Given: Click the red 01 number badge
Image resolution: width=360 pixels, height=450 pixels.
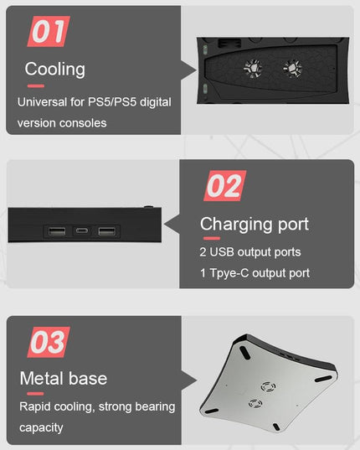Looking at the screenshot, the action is pyautogui.click(x=49, y=31).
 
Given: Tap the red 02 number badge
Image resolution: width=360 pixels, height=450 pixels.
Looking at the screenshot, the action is pyautogui.click(x=224, y=186).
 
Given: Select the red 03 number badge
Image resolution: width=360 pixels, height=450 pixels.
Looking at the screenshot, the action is pyautogui.click(x=49, y=342).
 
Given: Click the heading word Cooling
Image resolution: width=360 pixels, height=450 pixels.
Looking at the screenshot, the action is pyautogui.click(x=55, y=70).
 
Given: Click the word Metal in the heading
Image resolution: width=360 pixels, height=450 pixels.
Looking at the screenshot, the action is pyautogui.click(x=42, y=378).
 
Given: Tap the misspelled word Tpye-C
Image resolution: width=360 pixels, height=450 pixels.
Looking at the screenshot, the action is pyautogui.click(x=229, y=273).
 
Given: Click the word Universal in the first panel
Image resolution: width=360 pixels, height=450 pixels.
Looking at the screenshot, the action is pyautogui.click(x=42, y=102).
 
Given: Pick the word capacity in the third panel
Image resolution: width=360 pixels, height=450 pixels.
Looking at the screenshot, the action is pyautogui.click(x=41, y=428).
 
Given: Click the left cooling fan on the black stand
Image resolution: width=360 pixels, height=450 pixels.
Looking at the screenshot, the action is pyautogui.click(x=253, y=69).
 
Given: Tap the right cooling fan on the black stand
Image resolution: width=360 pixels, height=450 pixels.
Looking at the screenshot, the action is pyautogui.click(x=292, y=69).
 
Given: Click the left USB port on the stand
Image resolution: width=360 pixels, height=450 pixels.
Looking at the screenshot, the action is pyautogui.click(x=57, y=231).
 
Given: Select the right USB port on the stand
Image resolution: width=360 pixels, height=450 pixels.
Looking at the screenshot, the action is pyautogui.click(x=106, y=231).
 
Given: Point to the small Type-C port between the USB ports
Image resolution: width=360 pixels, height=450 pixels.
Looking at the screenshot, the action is pyautogui.click(x=82, y=230).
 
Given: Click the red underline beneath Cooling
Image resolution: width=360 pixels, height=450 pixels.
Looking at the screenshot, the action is pyautogui.click(x=36, y=85).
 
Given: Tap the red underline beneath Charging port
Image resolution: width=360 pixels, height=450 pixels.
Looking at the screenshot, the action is pyautogui.click(x=212, y=238).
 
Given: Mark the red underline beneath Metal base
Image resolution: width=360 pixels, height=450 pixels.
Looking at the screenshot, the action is pyautogui.click(x=35, y=394).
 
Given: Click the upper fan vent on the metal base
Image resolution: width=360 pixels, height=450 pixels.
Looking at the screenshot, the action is pyautogui.click(x=268, y=387).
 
